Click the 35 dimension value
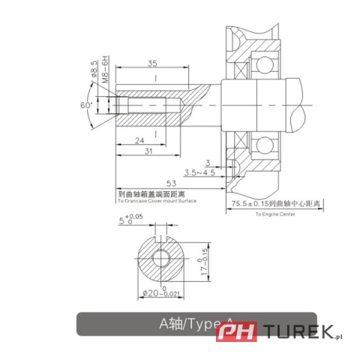click(151, 64)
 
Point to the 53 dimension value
click(171, 184)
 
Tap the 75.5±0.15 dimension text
click(254, 202)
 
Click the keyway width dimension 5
click(121, 221)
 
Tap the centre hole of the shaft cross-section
click(160, 258)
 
